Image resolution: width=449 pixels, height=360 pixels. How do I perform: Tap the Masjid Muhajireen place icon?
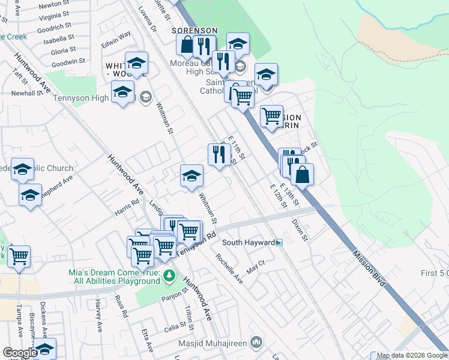coord(257,343)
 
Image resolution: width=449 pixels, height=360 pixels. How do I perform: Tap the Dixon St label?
coord(300,230)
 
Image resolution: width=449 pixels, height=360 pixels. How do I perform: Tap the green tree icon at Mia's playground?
coord(170,276)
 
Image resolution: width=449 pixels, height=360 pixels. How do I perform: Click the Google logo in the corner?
coord(20,353)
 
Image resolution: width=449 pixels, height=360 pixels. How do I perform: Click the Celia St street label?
coord(176,329)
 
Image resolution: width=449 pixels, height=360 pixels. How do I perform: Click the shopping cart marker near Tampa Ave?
coord(19,256)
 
